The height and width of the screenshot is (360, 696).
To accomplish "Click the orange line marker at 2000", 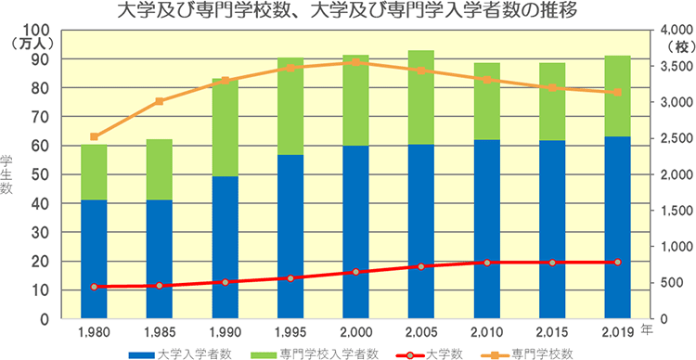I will coord(355,62).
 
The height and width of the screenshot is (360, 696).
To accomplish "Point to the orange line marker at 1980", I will coord(94,136).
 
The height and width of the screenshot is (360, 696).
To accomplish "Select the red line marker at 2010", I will coord(486,263).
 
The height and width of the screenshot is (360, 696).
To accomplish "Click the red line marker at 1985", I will coord(160,286).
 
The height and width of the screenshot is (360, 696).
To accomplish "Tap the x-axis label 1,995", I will coord(290,332).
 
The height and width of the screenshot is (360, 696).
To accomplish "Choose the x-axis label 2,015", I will coord(552,332).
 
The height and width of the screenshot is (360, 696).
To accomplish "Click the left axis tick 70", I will coord(41,117).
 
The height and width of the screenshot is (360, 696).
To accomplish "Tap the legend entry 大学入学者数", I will coord(186,353).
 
